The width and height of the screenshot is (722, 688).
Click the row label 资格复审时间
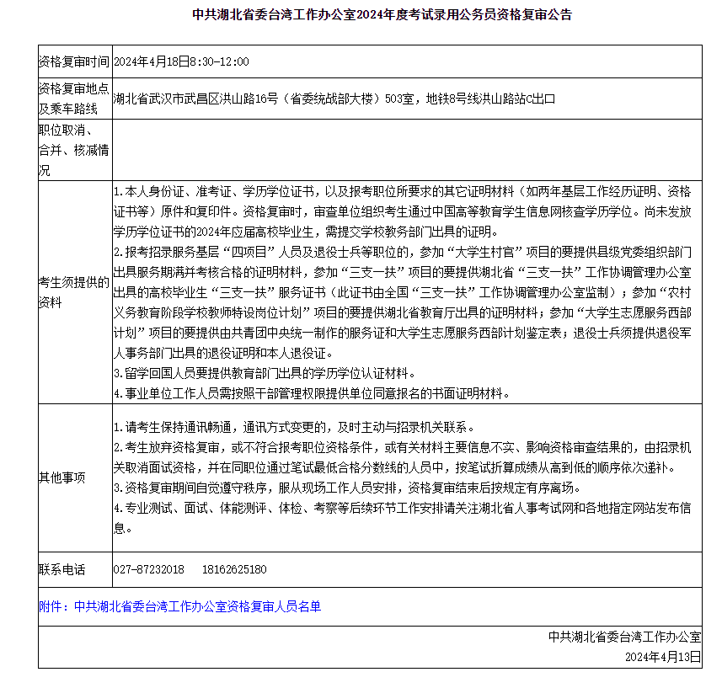(x=73, y=62)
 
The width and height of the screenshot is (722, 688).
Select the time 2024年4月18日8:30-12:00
(x=181, y=62)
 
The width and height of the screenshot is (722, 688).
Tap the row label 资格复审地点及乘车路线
(x=73, y=99)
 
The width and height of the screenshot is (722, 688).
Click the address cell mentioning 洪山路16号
(x=334, y=99)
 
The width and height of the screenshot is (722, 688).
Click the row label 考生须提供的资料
(x=73, y=292)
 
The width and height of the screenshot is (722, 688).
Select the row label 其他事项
(x=62, y=477)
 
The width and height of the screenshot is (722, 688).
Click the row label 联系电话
(x=62, y=570)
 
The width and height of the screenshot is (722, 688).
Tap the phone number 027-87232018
(x=148, y=570)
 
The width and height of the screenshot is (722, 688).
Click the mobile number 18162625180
(x=234, y=570)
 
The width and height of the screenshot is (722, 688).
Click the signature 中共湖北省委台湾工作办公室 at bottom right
(x=624, y=637)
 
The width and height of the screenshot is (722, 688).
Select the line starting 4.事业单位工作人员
(x=311, y=393)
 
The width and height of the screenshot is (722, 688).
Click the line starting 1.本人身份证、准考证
(x=402, y=192)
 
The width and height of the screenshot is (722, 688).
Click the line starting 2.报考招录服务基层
(x=402, y=252)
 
